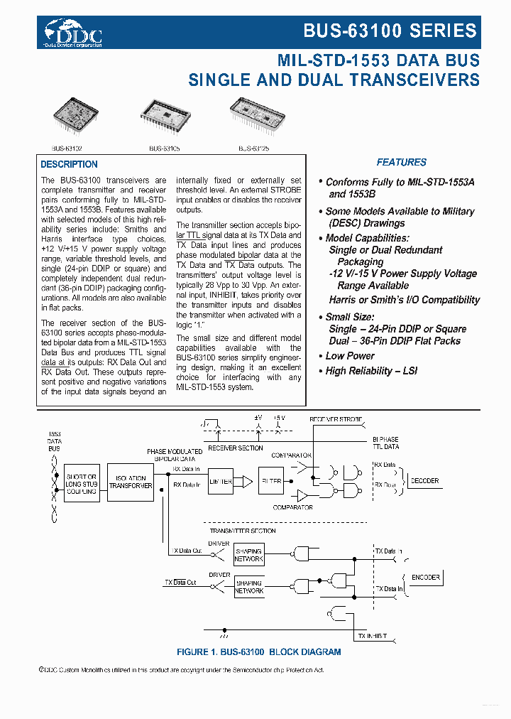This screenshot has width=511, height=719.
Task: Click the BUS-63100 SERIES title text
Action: (x=390, y=31)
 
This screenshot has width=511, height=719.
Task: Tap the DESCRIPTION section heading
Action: (x=69, y=165)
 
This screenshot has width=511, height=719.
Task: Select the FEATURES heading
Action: (x=401, y=162)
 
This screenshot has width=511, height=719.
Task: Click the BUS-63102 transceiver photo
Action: (x=77, y=116)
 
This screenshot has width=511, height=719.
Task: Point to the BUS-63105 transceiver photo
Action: (x=167, y=116)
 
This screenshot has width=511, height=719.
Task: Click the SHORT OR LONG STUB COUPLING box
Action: (x=82, y=484)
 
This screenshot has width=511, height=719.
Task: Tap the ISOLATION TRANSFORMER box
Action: (x=130, y=483)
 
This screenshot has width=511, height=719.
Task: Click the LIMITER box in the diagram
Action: (x=221, y=482)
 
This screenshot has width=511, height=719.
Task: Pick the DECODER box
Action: (x=424, y=481)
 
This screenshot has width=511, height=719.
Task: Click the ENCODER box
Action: (x=425, y=578)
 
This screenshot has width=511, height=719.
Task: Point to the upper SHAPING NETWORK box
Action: (x=248, y=555)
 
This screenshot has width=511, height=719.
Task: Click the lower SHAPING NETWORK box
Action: (x=248, y=587)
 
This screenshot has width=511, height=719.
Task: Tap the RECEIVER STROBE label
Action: (x=334, y=419)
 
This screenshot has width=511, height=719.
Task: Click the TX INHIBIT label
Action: (x=373, y=635)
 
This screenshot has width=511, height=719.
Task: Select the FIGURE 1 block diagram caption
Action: (x=258, y=652)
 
